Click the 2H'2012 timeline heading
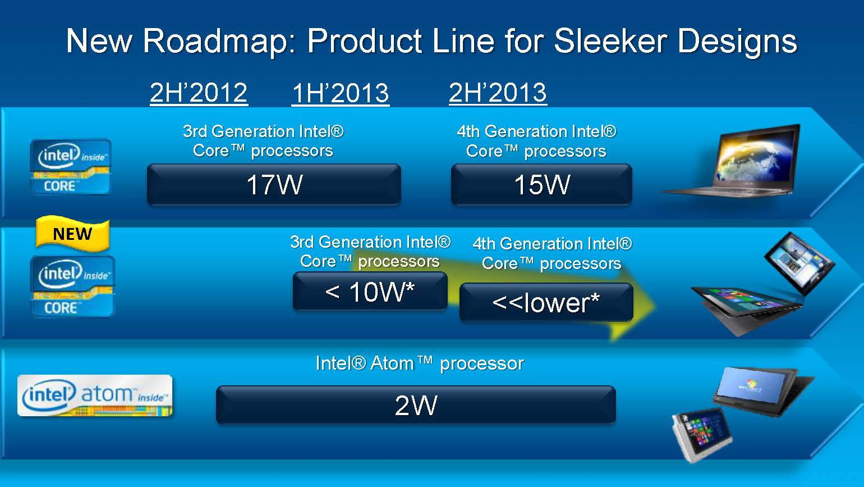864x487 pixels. tap(199, 93)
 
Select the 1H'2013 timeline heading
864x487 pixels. tap(340, 93)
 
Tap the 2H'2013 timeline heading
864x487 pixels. tap(498, 93)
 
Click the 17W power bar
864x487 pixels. tap(274, 184)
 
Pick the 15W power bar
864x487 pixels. tap(541, 184)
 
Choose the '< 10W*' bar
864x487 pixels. tap(370, 291)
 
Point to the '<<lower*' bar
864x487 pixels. tap(546, 302)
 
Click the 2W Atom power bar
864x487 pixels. tap(416, 405)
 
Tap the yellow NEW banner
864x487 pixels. tap(72, 233)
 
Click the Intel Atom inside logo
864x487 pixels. tap(95, 395)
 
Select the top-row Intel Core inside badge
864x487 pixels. tap(71, 167)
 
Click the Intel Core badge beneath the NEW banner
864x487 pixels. tap(72, 286)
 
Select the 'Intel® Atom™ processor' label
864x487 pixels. tap(420, 363)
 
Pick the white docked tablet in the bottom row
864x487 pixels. tap(702, 433)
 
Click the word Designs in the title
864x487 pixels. tap(737, 42)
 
